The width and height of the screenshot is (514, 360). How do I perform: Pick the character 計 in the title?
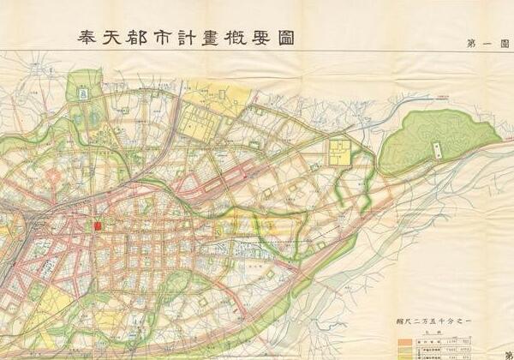tap(203, 38)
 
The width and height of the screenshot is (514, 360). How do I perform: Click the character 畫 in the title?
tap(232, 38)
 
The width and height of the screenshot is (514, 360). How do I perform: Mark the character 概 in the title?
tap(261, 38)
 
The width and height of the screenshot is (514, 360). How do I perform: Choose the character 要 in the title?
tap(291, 38)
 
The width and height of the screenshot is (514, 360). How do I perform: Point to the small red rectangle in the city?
tap(98, 226)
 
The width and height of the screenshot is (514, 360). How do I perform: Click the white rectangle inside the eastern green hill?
tap(438, 151)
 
